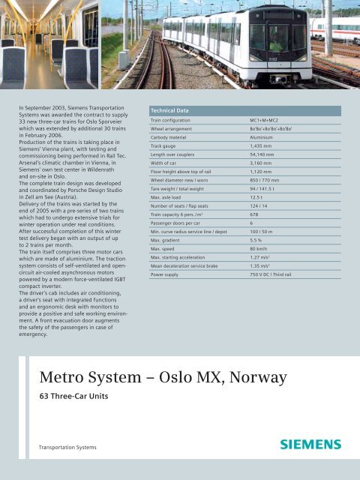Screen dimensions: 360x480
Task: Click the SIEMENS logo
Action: coord(310,444)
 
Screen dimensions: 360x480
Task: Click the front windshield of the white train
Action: coord(278,36)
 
